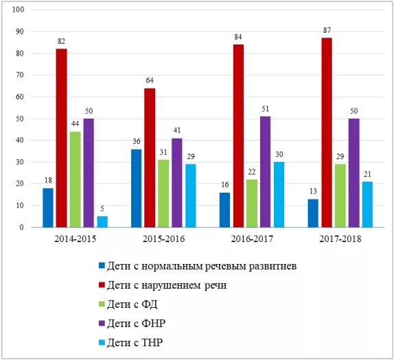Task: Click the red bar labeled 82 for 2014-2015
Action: tap(61, 138)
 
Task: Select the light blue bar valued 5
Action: tap(102, 221)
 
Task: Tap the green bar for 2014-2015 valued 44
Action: tap(75, 179)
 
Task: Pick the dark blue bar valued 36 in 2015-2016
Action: tap(136, 188)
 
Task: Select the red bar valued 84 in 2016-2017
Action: tap(238, 136)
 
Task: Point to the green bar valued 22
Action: tap(252, 203)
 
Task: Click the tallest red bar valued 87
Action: tap(327, 132)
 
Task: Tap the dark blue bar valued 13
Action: tap(313, 213)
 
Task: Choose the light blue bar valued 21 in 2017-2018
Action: tap(367, 204)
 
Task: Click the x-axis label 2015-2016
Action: tap(163, 239)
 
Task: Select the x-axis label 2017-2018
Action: tap(340, 239)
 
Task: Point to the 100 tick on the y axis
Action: tap(19, 10)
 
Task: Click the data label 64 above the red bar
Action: tap(150, 81)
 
